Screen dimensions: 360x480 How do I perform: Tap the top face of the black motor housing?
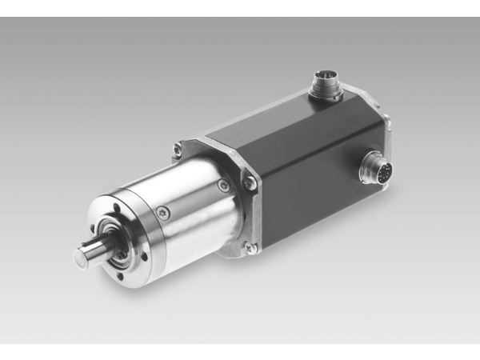tap(304, 120)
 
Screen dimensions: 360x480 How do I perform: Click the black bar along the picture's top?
tap(240, 8)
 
